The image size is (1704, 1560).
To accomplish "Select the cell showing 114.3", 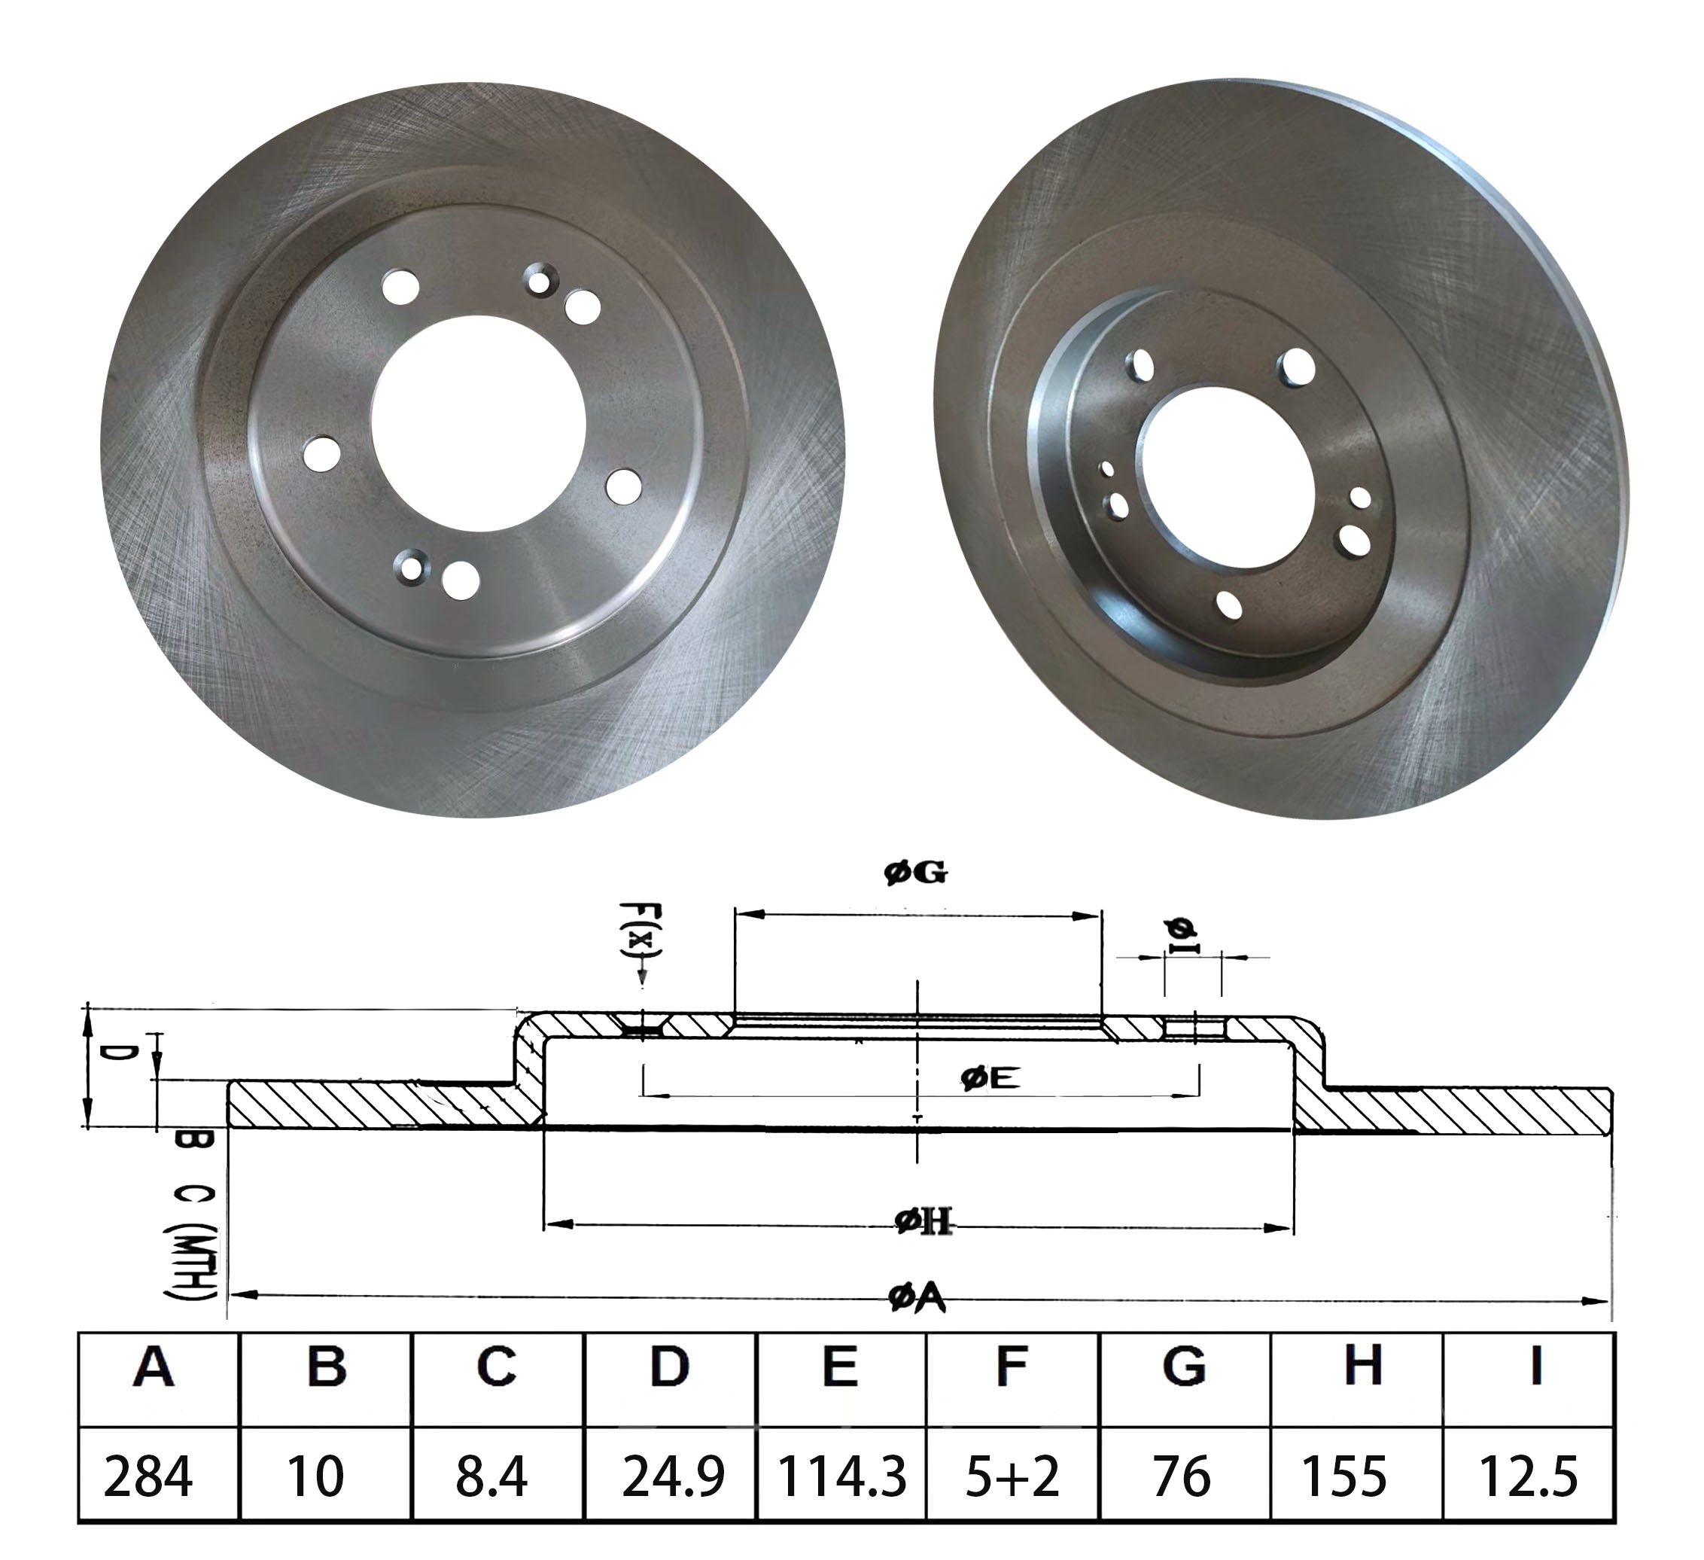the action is [x=841, y=1476].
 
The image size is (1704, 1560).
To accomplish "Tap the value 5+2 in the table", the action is [x=1012, y=1476].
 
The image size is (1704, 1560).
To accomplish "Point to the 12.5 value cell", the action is [x=1528, y=1476].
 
